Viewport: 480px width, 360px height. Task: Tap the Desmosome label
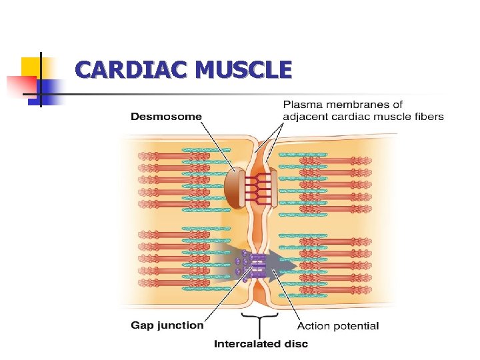(166, 116)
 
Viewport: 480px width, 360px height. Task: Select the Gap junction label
(167, 325)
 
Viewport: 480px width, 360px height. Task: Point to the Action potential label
(337, 326)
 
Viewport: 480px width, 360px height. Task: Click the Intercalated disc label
(261, 344)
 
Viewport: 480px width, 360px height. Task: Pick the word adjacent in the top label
(308, 117)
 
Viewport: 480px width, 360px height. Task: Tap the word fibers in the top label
(427, 117)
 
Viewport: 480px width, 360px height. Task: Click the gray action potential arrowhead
(287, 265)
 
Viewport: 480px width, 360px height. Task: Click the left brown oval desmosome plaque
(234, 187)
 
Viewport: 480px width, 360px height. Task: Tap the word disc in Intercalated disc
(297, 344)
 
